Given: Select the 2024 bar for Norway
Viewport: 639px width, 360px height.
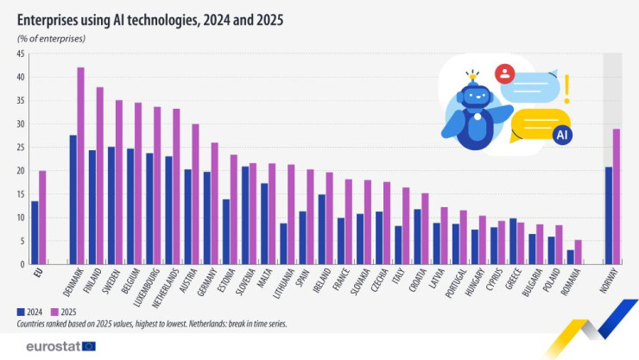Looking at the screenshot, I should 610,216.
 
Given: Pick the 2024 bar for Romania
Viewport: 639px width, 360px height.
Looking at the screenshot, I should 571,257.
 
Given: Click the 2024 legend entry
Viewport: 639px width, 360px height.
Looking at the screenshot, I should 32,312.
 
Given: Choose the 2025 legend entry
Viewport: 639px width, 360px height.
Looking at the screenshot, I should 68,312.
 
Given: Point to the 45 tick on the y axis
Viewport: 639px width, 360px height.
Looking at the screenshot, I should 18,54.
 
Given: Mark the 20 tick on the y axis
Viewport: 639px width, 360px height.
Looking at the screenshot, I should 18,171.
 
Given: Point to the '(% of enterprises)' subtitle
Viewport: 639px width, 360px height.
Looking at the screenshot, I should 51,40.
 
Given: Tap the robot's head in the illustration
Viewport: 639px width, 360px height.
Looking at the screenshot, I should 474,97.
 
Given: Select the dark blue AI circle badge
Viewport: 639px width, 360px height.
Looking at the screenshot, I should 561,135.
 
